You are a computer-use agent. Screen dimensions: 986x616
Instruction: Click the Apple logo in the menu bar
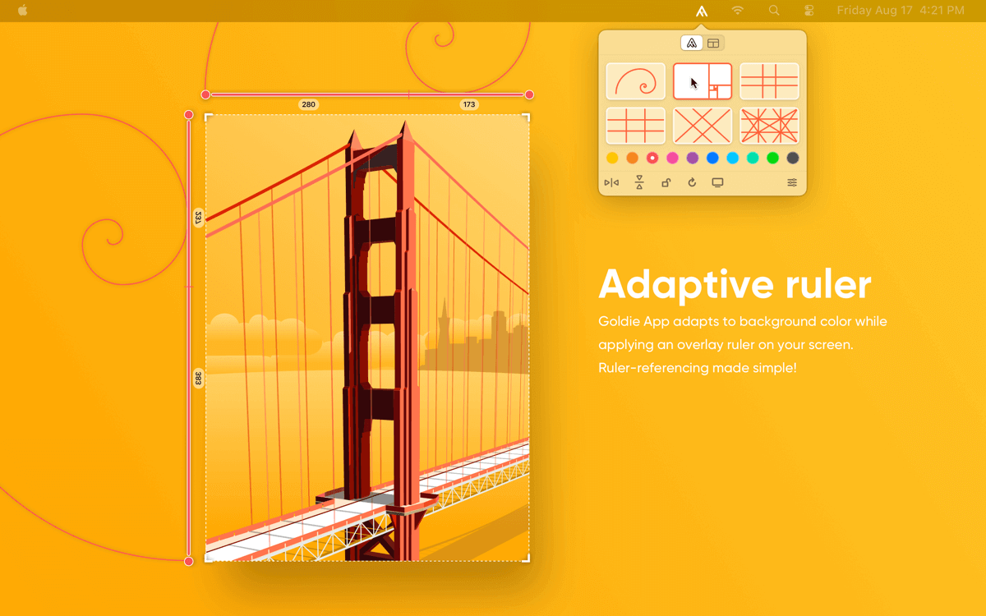[23, 10]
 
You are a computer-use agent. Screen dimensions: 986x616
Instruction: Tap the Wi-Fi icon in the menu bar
[738, 10]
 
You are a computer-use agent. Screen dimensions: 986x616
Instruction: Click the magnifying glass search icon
[774, 10]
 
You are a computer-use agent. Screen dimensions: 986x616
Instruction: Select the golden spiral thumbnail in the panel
[635, 81]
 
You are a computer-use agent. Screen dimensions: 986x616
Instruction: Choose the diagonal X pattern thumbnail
[703, 126]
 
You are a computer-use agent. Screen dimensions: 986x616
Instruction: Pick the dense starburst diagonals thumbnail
[769, 126]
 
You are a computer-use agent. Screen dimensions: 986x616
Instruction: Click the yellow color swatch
[612, 158]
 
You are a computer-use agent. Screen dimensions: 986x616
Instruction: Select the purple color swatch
[693, 158]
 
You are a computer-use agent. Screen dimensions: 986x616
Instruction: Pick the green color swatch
[772, 158]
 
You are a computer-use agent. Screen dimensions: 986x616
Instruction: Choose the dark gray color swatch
[793, 158]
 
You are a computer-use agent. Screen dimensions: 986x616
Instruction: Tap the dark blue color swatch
[712, 158]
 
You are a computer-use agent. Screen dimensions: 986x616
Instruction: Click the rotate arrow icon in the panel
[692, 182]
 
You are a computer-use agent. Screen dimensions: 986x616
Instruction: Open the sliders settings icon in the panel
[792, 182]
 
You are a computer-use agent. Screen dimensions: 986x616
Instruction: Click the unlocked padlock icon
[666, 182]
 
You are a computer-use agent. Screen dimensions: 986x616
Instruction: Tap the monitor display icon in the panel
[717, 182]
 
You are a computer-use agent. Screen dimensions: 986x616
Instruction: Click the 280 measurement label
[309, 104]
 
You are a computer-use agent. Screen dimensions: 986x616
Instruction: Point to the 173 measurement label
[469, 104]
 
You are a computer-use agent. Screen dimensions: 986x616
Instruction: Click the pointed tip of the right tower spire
[405, 121]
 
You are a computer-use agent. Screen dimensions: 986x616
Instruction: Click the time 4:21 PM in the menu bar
[942, 10]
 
